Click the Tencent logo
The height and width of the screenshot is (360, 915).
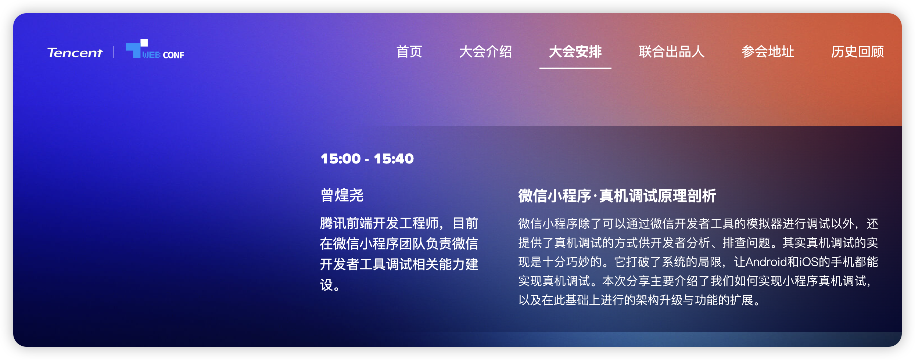tap(75, 53)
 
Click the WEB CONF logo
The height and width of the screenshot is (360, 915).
tap(155, 50)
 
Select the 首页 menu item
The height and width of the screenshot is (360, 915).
tap(409, 52)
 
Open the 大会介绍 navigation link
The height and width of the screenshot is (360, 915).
tap(485, 52)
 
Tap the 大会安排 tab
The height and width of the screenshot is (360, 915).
tap(575, 52)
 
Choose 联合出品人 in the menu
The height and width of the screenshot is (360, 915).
tap(671, 52)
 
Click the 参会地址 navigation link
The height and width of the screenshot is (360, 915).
tap(768, 52)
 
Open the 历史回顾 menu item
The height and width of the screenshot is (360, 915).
tap(857, 52)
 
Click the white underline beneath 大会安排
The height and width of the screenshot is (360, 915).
tap(575, 68)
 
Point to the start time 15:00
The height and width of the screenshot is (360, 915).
tap(341, 159)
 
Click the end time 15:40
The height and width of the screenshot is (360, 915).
tap(394, 159)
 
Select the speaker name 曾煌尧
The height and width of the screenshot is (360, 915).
tap(342, 195)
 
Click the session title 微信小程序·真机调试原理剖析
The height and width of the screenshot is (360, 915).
tap(617, 196)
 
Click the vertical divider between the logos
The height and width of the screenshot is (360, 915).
tap(114, 52)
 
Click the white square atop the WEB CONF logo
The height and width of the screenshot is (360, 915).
tap(144, 43)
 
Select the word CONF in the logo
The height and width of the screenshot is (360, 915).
tap(173, 55)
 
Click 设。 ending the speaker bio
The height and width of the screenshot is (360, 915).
tap(330, 285)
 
